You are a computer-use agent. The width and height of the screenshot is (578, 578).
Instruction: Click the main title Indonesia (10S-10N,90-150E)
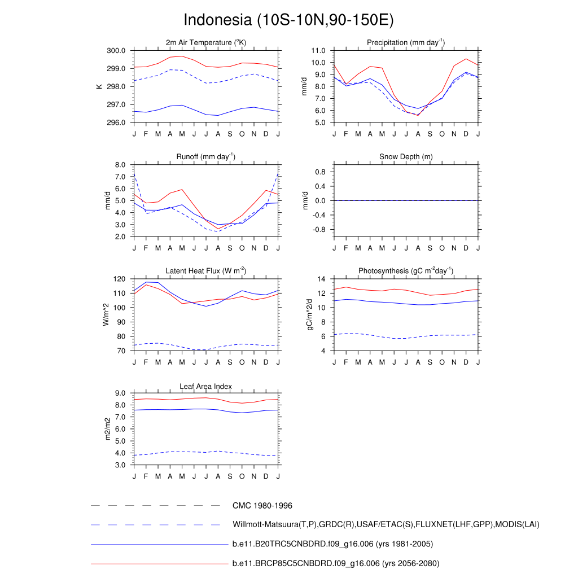(x=288, y=20)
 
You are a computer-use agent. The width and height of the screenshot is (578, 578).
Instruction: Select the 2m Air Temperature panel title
(x=206, y=43)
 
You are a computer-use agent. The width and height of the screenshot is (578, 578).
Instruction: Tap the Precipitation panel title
(x=405, y=43)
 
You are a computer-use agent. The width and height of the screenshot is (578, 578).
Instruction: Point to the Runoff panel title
(x=206, y=156)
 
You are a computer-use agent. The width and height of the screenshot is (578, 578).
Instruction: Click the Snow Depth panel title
(x=406, y=156)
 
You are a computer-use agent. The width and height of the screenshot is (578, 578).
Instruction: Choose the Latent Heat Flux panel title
(x=206, y=271)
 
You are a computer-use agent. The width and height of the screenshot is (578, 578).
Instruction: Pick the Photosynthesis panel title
(x=406, y=271)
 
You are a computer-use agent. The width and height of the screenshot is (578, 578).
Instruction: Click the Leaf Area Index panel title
(x=206, y=387)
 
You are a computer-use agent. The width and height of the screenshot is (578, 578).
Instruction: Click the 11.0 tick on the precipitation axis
(x=318, y=51)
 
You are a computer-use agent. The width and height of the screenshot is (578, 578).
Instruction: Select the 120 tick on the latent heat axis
(x=119, y=279)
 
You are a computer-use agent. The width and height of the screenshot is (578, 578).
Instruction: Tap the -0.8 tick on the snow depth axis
(x=319, y=230)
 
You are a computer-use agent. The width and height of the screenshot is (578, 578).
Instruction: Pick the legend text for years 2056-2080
(x=336, y=563)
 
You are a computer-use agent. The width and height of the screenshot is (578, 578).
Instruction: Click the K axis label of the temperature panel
(x=99, y=86)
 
